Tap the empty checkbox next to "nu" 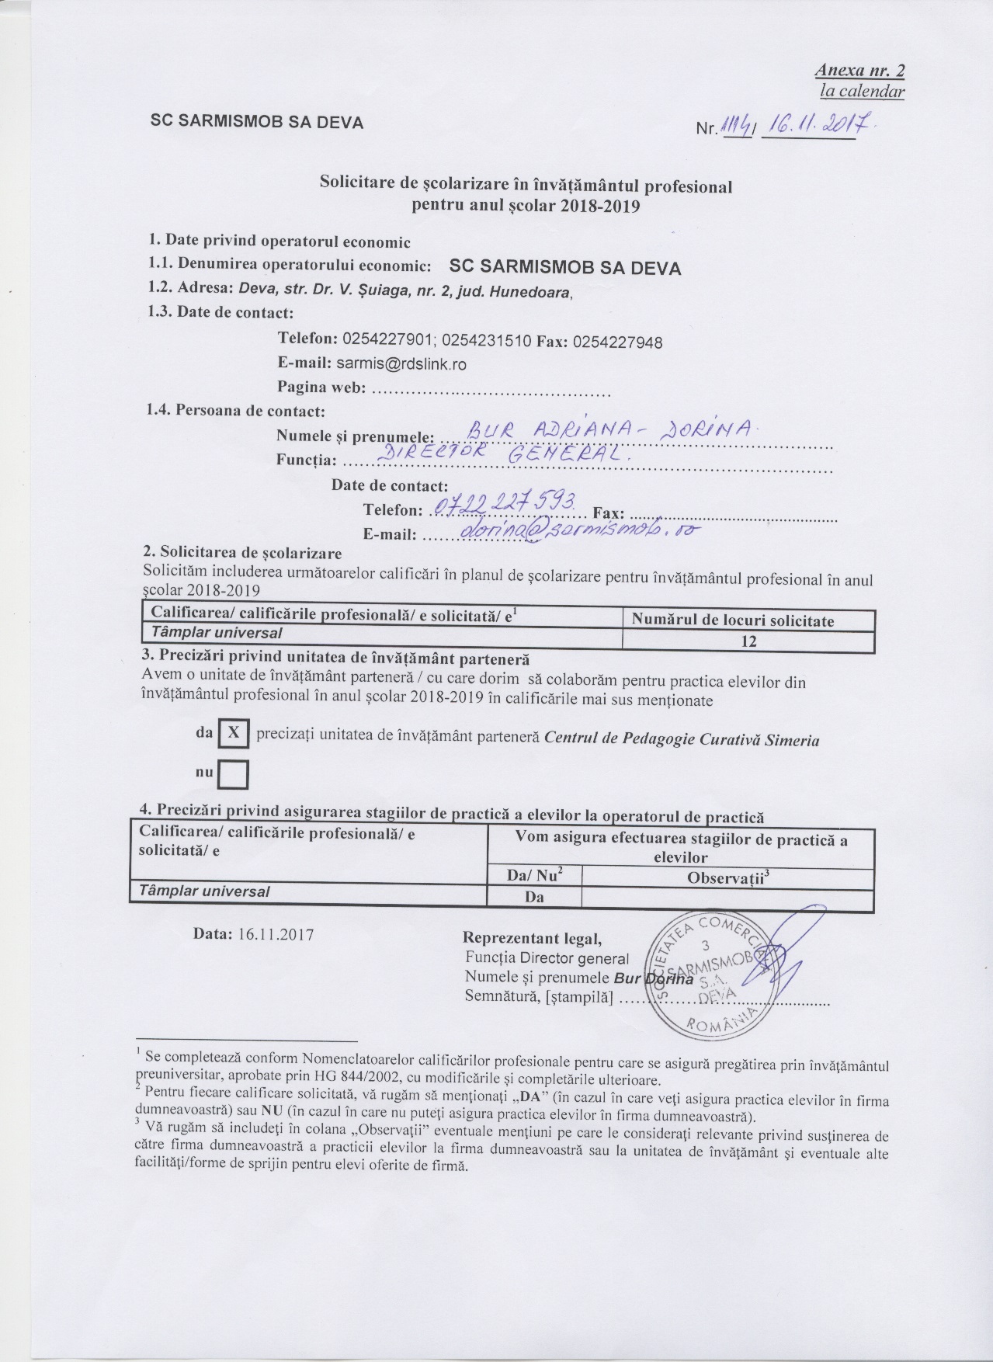point(233,773)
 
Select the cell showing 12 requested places point(748,641)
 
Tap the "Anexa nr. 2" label point(859,71)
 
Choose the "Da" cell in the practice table point(533,897)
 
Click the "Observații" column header point(727,877)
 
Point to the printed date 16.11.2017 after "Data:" point(276,934)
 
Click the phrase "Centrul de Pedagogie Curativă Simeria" point(682,739)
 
